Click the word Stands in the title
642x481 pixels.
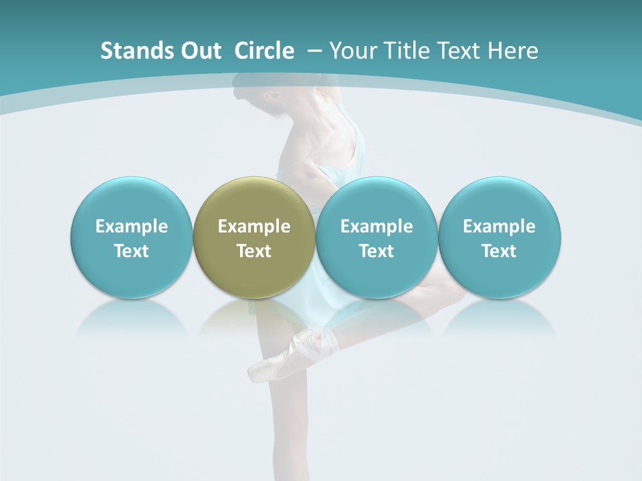pyautogui.click(x=129, y=51)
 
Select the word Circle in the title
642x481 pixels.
pyautogui.click(x=264, y=51)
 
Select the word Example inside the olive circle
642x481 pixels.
pyautogui.click(x=254, y=226)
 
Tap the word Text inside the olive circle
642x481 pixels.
pyautogui.click(x=254, y=251)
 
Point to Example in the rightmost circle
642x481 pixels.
pyautogui.click(x=500, y=226)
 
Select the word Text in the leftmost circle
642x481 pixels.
pyautogui.click(x=131, y=251)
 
